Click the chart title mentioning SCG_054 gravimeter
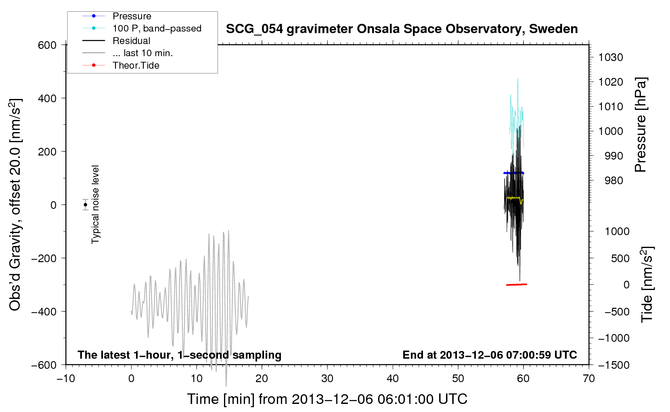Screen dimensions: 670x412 point(402,29)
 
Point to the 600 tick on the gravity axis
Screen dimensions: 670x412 point(47,45)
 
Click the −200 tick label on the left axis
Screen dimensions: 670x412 point(44,258)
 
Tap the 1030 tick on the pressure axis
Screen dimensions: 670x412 point(611,57)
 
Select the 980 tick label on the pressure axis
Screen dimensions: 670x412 point(613,181)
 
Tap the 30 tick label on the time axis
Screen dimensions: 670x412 point(327,379)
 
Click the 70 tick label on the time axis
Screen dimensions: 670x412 point(588,379)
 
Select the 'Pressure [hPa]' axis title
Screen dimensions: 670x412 point(641,125)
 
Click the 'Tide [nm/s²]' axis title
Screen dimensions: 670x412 point(647,284)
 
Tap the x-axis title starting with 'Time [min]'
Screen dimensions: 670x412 point(327,399)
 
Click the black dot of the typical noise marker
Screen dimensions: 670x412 point(85,205)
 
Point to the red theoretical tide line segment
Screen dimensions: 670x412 point(517,284)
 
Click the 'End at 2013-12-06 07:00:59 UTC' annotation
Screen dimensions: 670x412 point(490,355)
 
